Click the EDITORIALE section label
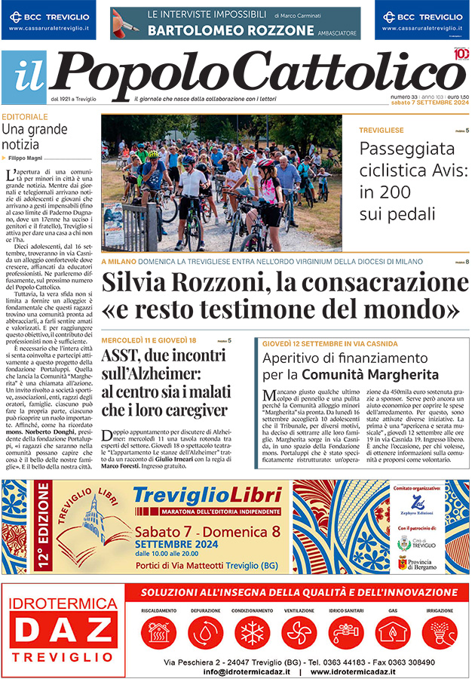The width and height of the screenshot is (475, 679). coord(25,117)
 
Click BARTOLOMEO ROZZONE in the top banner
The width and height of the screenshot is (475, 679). coord(231,30)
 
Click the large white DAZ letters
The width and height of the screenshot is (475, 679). coord(65,631)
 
